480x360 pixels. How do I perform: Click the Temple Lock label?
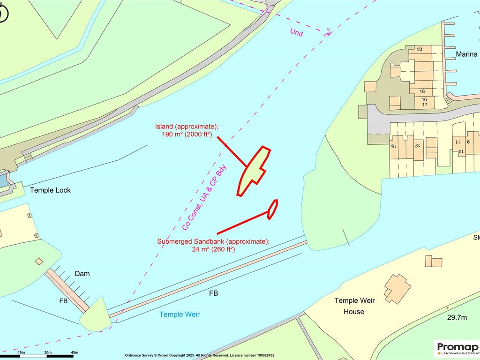coord(50,190)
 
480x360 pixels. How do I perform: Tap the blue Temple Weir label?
coord(180,314)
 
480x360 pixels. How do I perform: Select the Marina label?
coord(467,54)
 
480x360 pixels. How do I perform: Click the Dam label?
coord(82,273)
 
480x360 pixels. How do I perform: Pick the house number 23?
coord(420,50)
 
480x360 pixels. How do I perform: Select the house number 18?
coord(422,91)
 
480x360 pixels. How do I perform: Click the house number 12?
coord(417,146)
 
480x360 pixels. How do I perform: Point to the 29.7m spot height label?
coord(456,318)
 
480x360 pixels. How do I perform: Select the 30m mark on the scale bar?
coord(47,352)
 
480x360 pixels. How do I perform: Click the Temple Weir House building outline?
coord(397,288)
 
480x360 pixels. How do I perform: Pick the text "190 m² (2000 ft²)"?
coord(187,135)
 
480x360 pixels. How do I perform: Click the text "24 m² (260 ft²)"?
coord(213,249)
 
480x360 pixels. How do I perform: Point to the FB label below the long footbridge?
coord(213,293)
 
